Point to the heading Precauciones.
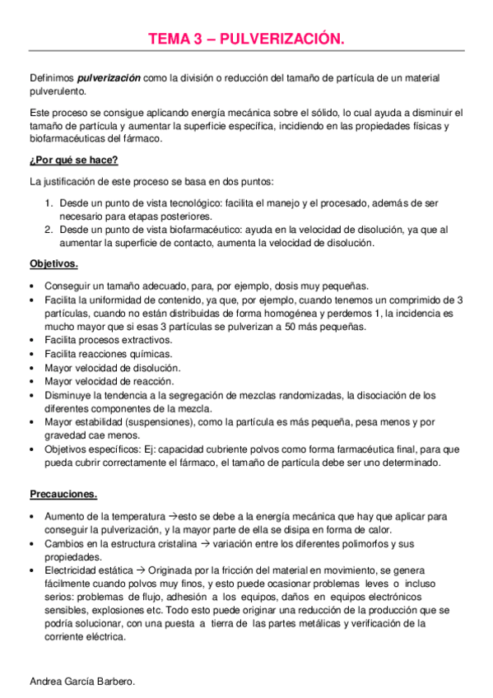[x=63, y=495]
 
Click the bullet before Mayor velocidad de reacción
[x=31, y=382]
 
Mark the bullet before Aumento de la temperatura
[x=31, y=516]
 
